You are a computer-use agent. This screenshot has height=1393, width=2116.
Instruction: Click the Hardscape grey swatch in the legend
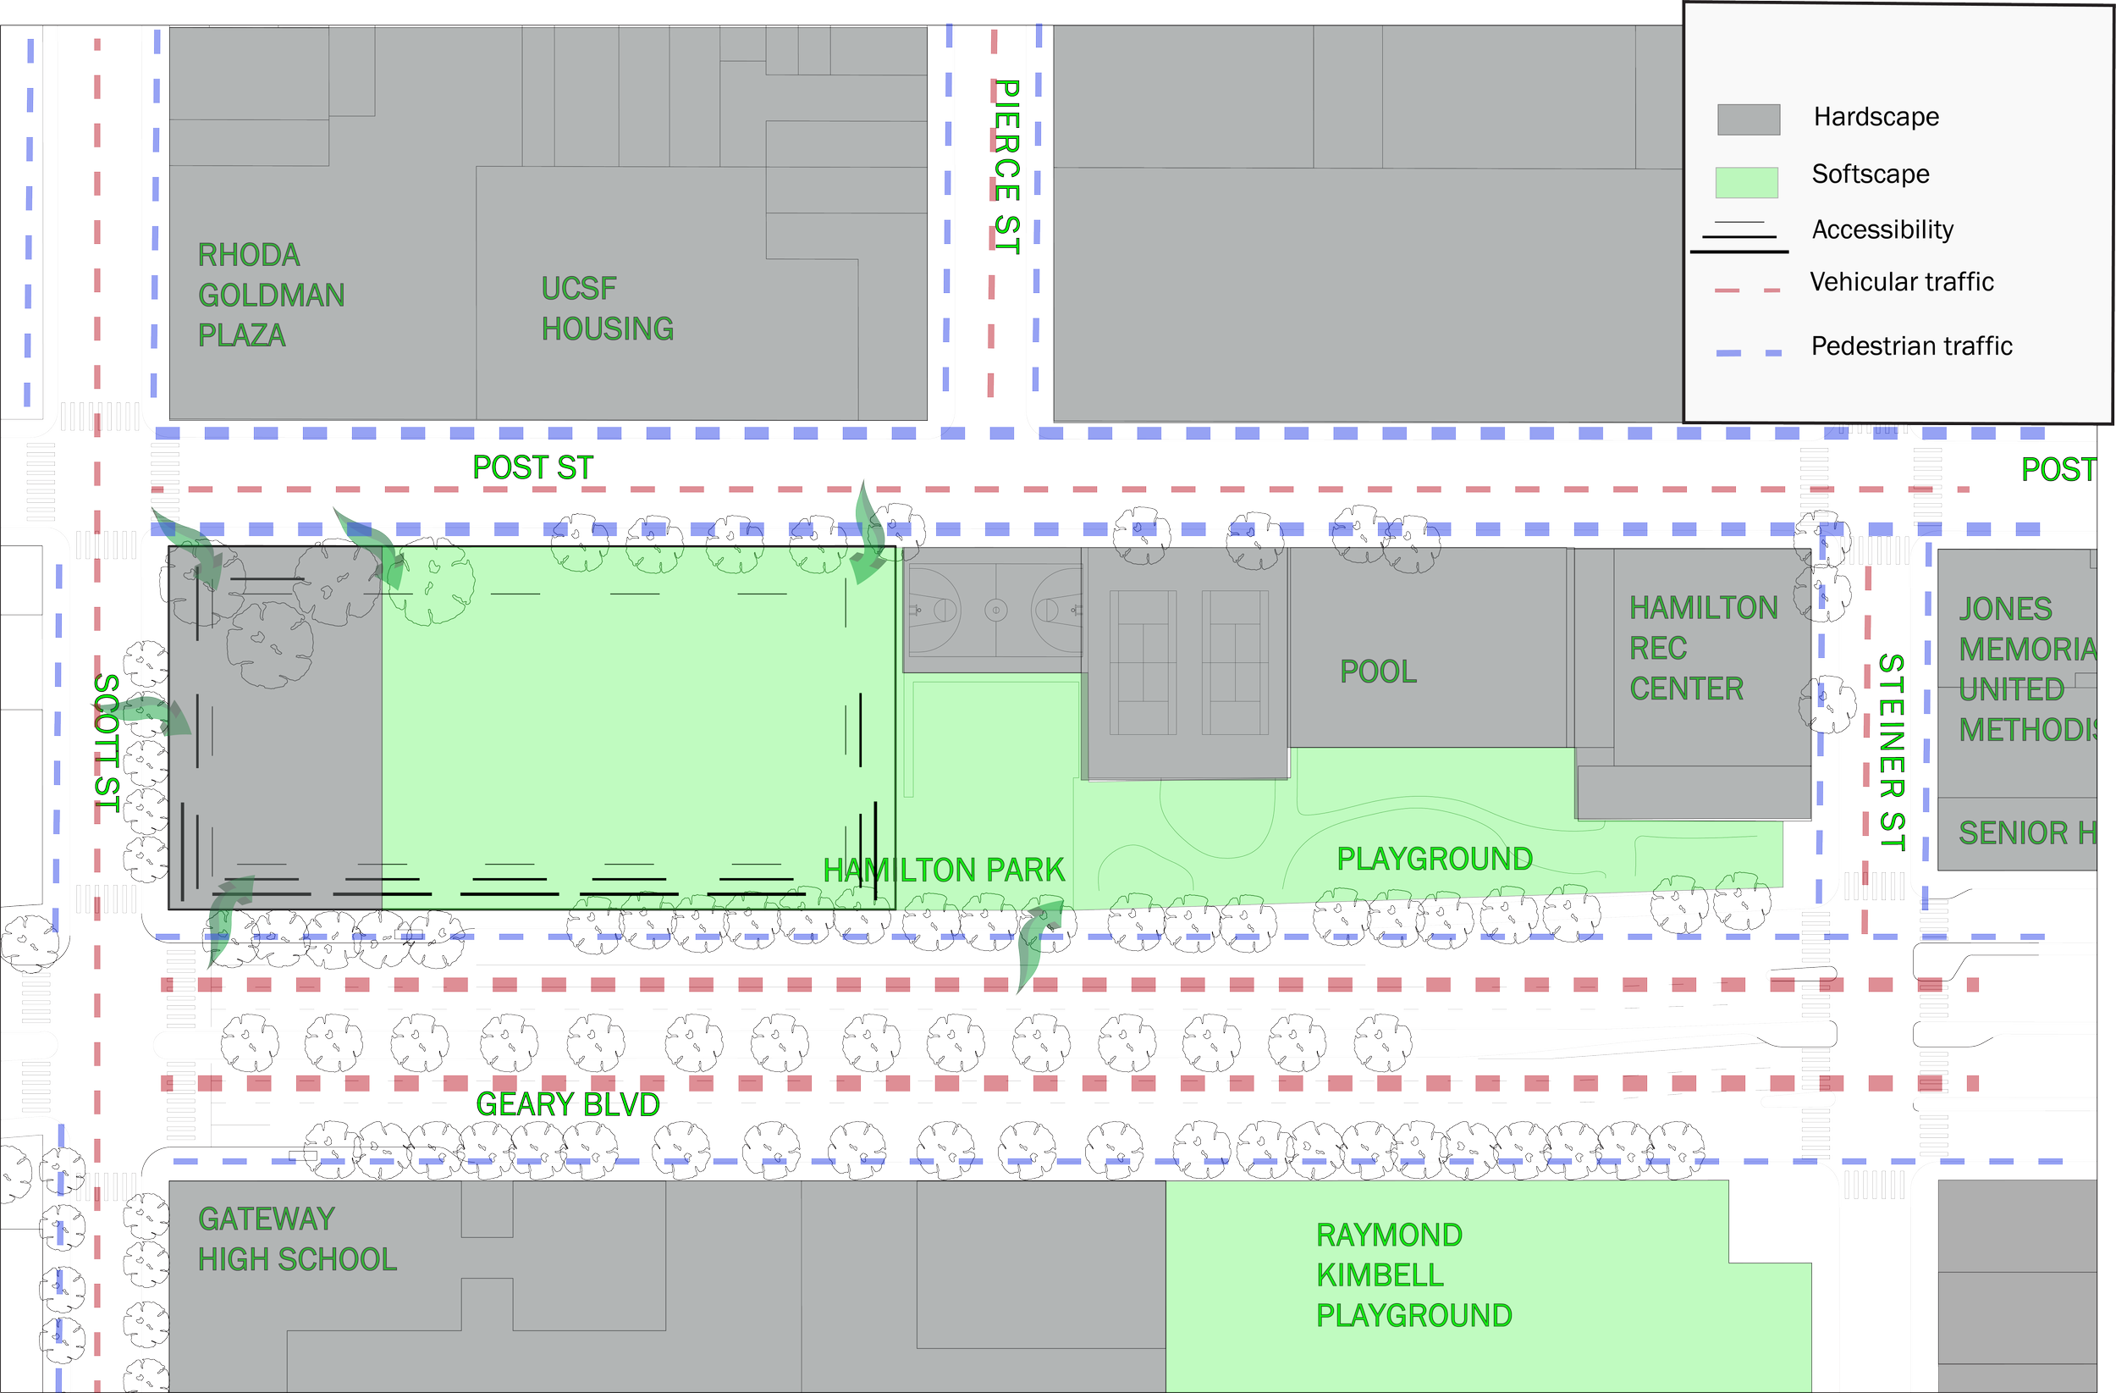pyautogui.click(x=1748, y=119)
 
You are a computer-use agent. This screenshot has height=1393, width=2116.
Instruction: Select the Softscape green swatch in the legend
pyautogui.click(x=1746, y=181)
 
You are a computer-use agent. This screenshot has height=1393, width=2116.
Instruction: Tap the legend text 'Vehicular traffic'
pyautogui.click(x=1902, y=282)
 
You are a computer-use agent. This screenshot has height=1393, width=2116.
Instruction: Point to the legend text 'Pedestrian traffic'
pyautogui.click(x=1911, y=346)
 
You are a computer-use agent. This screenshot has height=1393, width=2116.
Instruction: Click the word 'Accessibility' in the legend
pyautogui.click(x=1882, y=229)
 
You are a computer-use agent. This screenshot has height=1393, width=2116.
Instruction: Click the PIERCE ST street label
pyautogui.click(x=1006, y=166)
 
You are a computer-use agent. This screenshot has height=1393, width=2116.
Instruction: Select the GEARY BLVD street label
pyautogui.click(x=567, y=1104)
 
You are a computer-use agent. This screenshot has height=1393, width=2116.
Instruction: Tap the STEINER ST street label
pyautogui.click(x=1891, y=753)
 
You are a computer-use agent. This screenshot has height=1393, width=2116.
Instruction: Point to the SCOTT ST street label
pyautogui.click(x=107, y=743)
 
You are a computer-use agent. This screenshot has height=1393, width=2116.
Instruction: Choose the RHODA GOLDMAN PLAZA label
pyautogui.click(x=271, y=296)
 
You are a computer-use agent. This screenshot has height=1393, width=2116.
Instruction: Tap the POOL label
pyautogui.click(x=1378, y=672)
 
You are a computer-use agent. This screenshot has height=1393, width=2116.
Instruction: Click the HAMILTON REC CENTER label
pyautogui.click(x=1703, y=648)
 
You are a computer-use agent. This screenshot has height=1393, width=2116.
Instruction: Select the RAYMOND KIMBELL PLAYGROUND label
pyautogui.click(x=1413, y=1274)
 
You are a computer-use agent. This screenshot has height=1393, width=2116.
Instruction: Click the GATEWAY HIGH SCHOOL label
pyautogui.click(x=297, y=1238)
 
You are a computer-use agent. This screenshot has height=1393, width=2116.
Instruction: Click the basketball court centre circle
pyautogui.click(x=995, y=611)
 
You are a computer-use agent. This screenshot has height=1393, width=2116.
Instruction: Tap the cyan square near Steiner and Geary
pyautogui.click(x=1890, y=959)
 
